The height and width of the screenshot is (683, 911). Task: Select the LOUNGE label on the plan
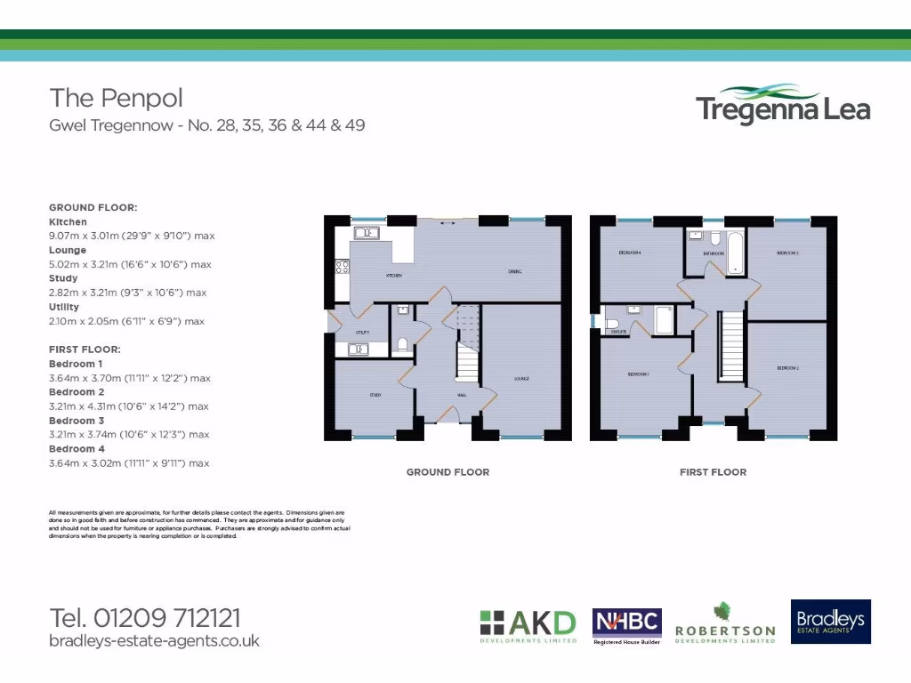tap(521, 379)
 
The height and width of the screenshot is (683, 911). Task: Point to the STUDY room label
tap(376, 394)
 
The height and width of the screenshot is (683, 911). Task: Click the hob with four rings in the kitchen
tap(341, 265)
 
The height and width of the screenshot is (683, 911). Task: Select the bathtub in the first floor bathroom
tap(734, 252)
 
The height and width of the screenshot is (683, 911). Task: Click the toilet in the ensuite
tap(612, 323)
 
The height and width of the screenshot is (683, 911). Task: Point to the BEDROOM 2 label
tap(787, 367)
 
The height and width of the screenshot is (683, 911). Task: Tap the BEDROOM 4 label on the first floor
tap(630, 253)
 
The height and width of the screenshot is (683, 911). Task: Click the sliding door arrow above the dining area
tap(447, 223)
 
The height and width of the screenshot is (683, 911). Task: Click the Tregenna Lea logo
tap(783, 104)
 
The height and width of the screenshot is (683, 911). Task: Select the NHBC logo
tap(626, 625)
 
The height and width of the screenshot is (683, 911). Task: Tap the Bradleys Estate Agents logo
tap(831, 621)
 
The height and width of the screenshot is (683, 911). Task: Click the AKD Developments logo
tap(528, 625)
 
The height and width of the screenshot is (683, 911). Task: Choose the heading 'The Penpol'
tap(117, 97)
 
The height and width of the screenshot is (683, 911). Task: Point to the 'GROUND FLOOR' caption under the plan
tap(447, 472)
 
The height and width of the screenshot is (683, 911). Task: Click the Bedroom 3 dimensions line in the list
tap(129, 435)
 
